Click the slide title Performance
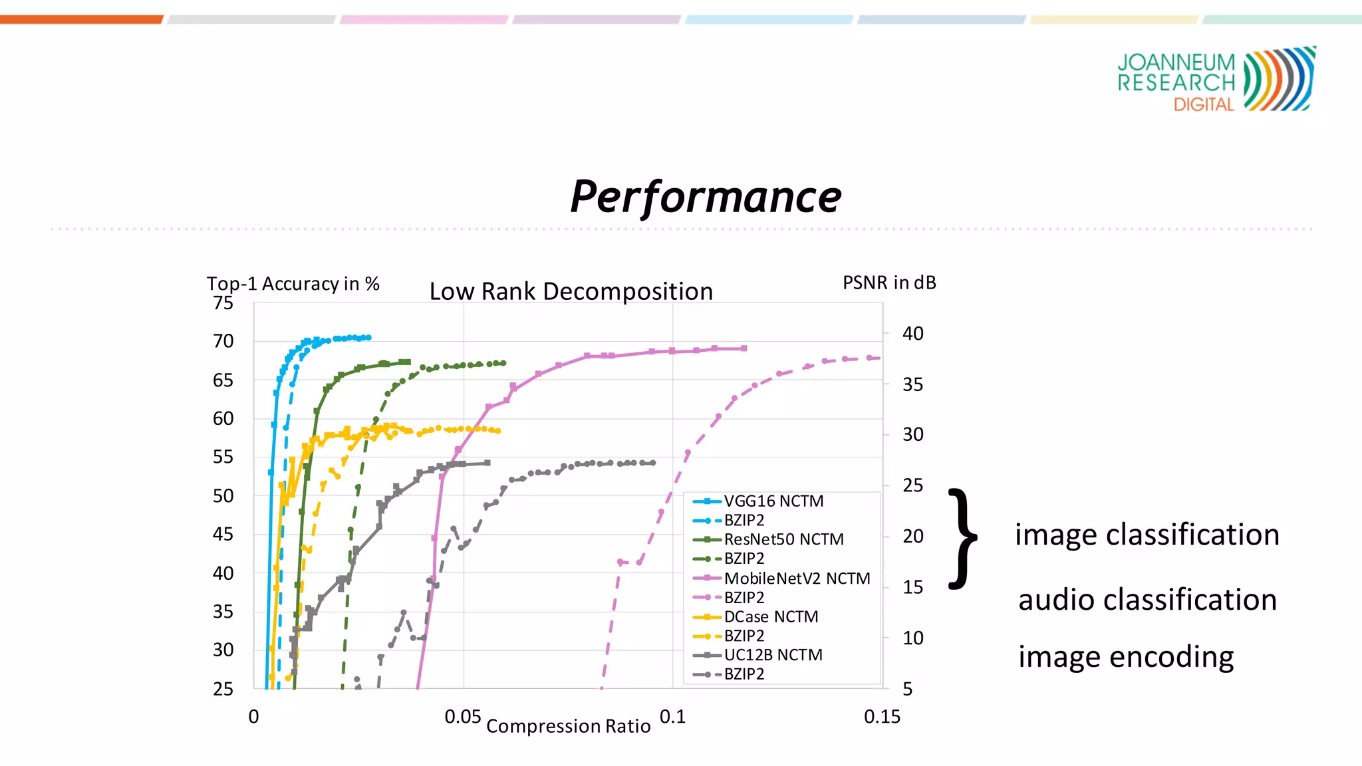(706, 197)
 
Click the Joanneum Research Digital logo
(1216, 79)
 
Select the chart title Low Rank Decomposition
(571, 291)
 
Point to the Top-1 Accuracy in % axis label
(293, 284)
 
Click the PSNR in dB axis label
(889, 283)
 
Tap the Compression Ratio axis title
(568, 726)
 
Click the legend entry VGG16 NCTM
(773, 501)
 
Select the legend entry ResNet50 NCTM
(783, 539)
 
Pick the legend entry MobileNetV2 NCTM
(797, 578)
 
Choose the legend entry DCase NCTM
(771, 617)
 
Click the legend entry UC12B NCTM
(773, 655)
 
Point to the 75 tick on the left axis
(223, 303)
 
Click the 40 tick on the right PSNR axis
(912, 334)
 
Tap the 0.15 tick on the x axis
(882, 717)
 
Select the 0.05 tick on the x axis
(463, 717)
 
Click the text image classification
(1147, 535)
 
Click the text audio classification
(1147, 600)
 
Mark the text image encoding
(1126, 657)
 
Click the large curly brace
(962, 539)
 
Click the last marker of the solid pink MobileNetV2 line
(744, 348)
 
